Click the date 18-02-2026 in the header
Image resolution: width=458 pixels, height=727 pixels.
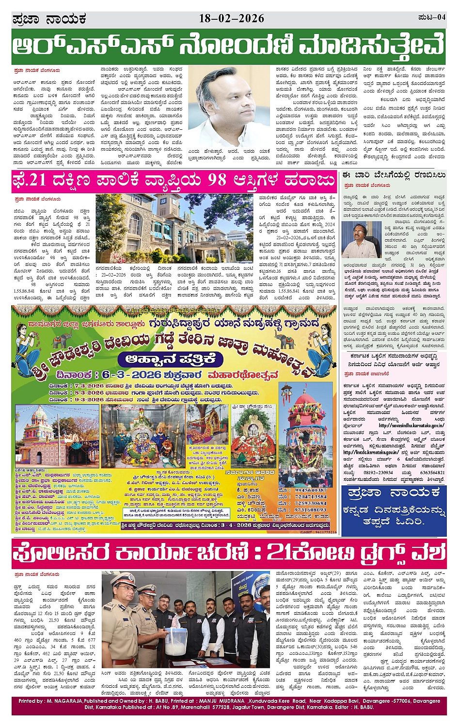click(x=231, y=19)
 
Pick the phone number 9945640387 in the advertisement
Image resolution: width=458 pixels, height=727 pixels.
click(x=311, y=490)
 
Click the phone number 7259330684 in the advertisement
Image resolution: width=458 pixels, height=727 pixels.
click(x=311, y=503)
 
